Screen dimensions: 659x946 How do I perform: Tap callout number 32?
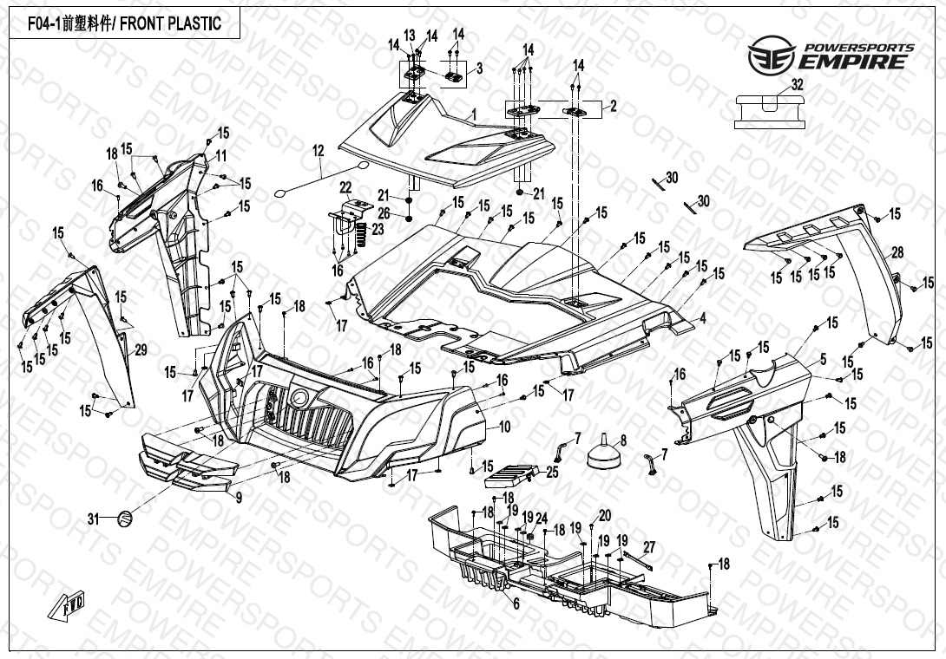(x=797, y=84)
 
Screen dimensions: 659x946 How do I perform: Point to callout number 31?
(x=94, y=519)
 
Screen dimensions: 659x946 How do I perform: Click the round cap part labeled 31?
(x=125, y=519)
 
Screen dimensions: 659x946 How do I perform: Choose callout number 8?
(x=622, y=440)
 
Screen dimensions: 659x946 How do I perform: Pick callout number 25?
(x=553, y=472)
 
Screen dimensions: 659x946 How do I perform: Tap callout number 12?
(x=318, y=151)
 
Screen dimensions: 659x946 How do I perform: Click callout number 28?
(x=897, y=252)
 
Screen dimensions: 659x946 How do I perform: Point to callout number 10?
(x=504, y=427)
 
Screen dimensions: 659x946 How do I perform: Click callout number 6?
(x=516, y=604)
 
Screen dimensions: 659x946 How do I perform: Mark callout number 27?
(x=647, y=546)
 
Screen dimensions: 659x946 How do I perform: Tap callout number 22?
(x=345, y=188)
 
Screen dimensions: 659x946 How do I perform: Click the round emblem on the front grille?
(x=300, y=398)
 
